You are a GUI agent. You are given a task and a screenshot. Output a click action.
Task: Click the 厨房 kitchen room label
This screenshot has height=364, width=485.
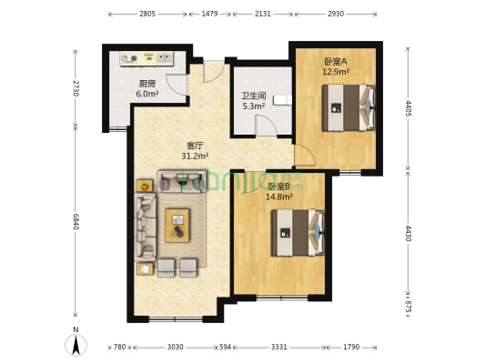[147, 83]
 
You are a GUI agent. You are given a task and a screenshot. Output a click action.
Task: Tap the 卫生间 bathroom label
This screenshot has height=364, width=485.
[253, 95]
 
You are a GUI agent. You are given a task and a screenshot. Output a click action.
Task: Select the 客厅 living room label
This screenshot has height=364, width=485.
[195, 145]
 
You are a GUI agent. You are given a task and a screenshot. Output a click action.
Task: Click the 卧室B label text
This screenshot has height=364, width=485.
[278, 186]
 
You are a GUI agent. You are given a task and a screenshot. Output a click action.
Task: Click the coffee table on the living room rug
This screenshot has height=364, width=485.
[177, 224]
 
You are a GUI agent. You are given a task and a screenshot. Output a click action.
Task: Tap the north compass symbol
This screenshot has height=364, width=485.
[77, 343]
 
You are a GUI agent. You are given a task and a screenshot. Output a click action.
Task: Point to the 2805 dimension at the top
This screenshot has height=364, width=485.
[147, 14]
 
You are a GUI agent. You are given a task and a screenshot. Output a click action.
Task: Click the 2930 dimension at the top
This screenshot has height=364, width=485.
[336, 14]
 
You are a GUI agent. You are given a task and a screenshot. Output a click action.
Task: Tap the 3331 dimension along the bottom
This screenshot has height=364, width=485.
[279, 347]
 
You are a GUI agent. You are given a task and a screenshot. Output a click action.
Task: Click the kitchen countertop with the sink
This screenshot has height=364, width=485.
[147, 57]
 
